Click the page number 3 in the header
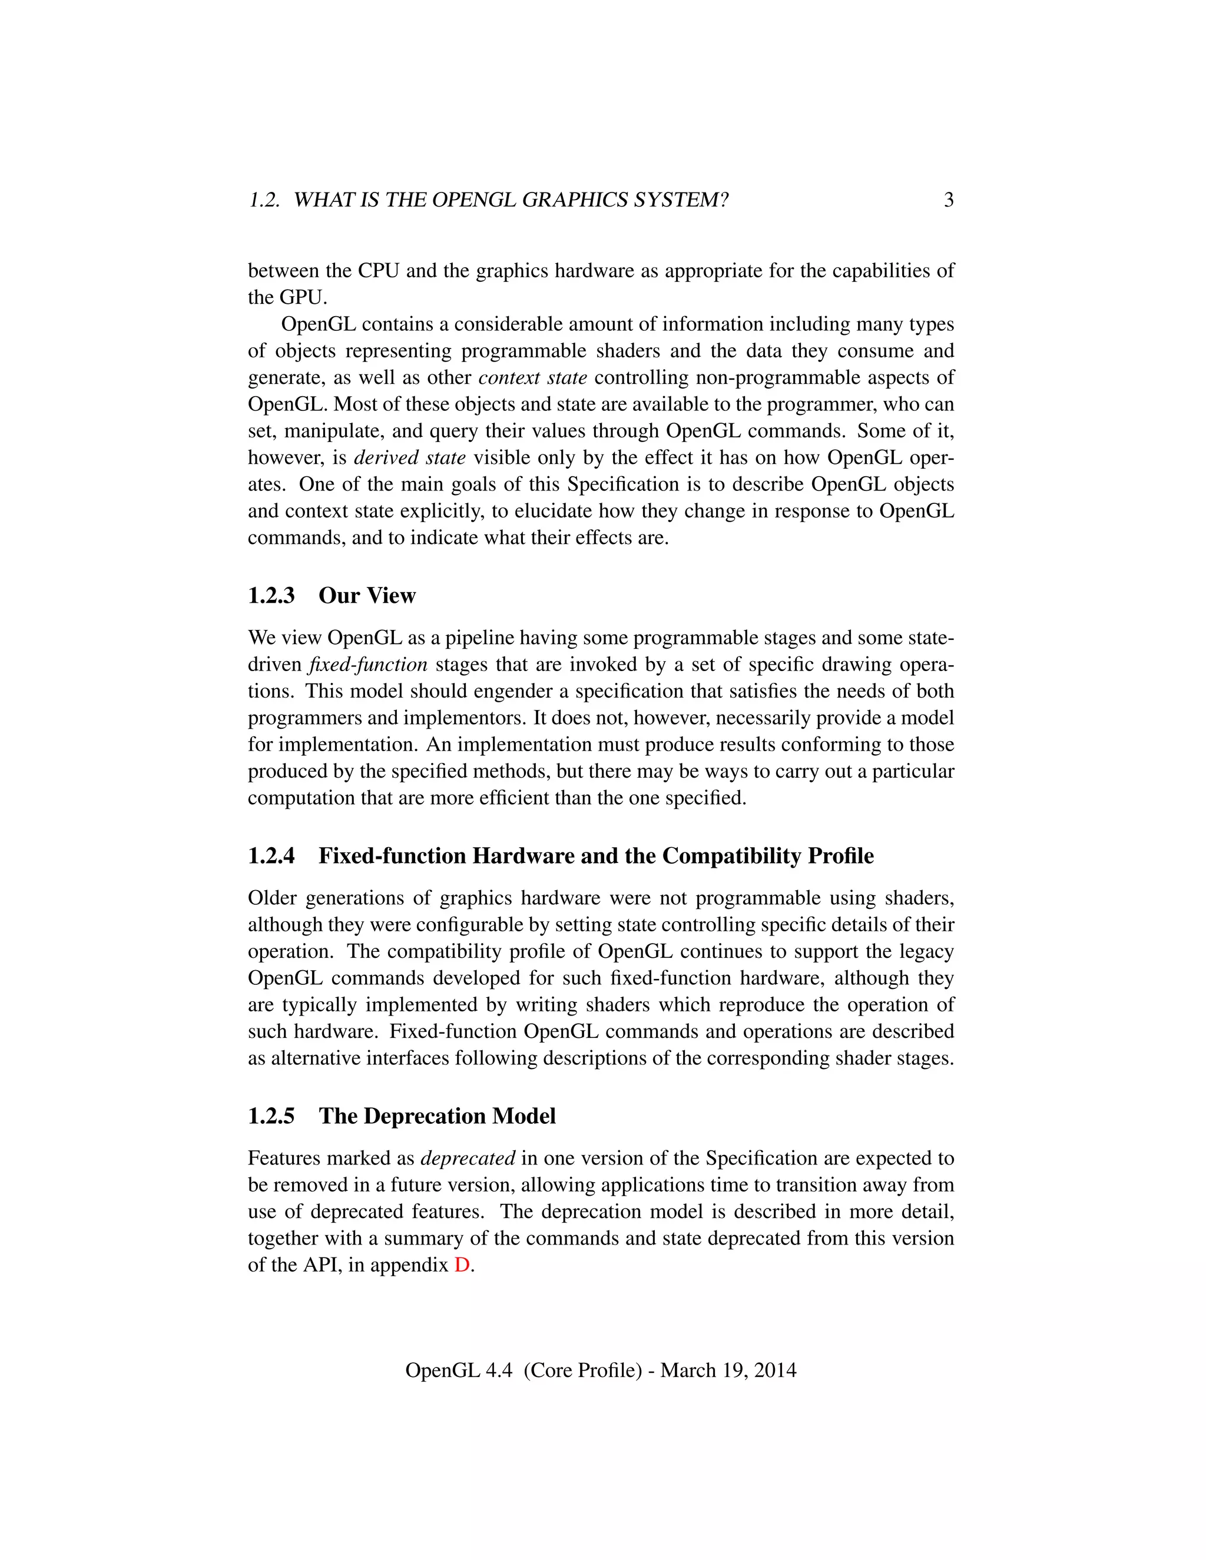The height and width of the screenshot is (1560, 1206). (x=948, y=200)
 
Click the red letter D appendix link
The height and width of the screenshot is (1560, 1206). (x=462, y=1264)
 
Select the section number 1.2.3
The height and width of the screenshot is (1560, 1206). (x=271, y=596)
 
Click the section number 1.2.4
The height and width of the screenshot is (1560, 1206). (x=271, y=856)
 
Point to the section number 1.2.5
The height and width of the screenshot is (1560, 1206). (x=271, y=1116)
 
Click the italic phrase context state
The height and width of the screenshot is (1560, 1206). (x=532, y=377)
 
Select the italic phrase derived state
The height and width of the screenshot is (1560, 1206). (x=409, y=457)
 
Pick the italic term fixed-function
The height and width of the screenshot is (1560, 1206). (x=368, y=664)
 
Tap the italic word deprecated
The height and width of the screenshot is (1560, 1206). (x=467, y=1158)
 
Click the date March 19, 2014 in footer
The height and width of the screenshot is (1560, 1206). (x=728, y=1370)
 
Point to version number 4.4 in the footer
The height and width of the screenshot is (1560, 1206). (x=499, y=1370)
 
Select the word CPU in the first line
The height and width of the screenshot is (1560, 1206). (x=379, y=271)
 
